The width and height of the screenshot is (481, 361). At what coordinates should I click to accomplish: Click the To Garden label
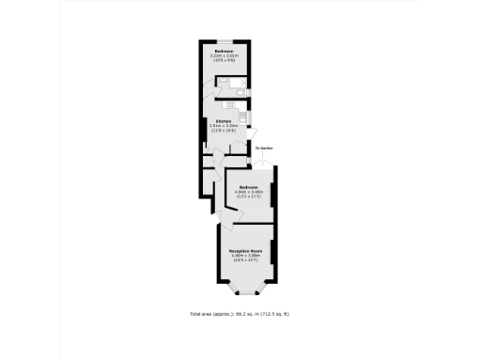pos(263,147)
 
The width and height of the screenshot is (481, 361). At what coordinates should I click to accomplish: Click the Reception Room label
pos(246,251)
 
